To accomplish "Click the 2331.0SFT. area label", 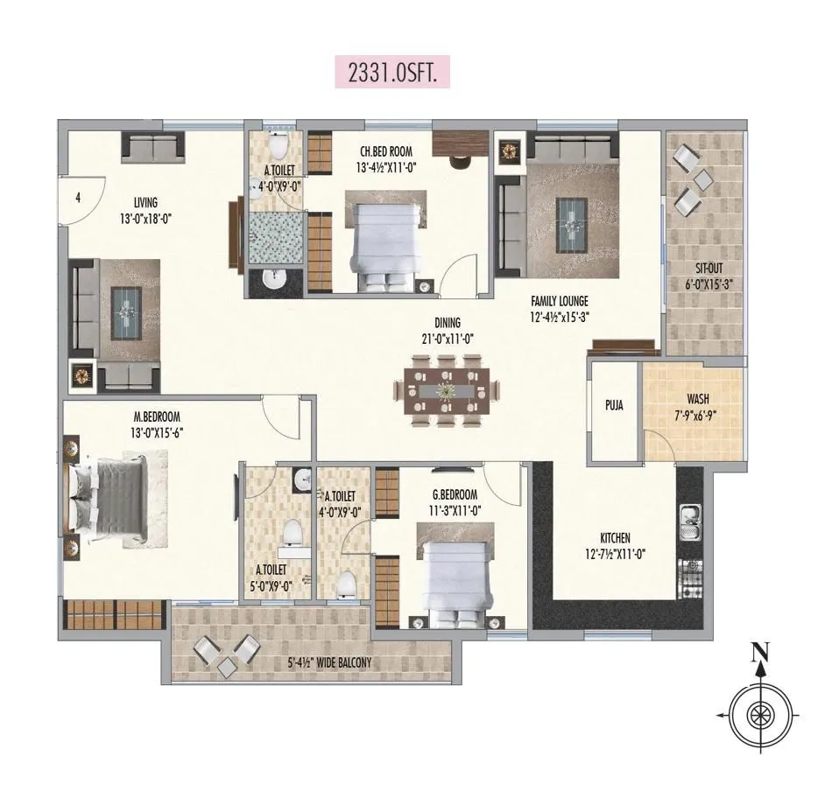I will click(392, 72).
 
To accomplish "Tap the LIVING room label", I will click(140, 203).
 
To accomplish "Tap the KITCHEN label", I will click(615, 538).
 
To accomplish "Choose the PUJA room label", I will click(613, 406).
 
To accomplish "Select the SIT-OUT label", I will click(704, 269).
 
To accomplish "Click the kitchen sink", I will click(687, 523).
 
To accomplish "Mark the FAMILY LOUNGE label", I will click(559, 302).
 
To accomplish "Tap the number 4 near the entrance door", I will click(78, 198).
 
